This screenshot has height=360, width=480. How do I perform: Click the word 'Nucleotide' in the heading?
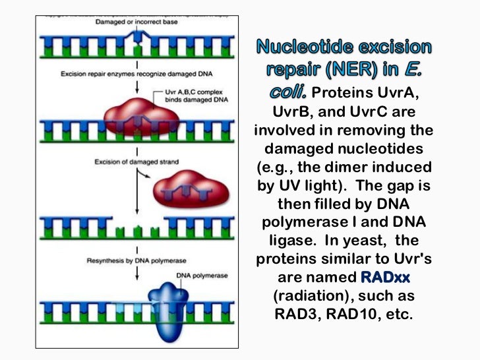point(297,48)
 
